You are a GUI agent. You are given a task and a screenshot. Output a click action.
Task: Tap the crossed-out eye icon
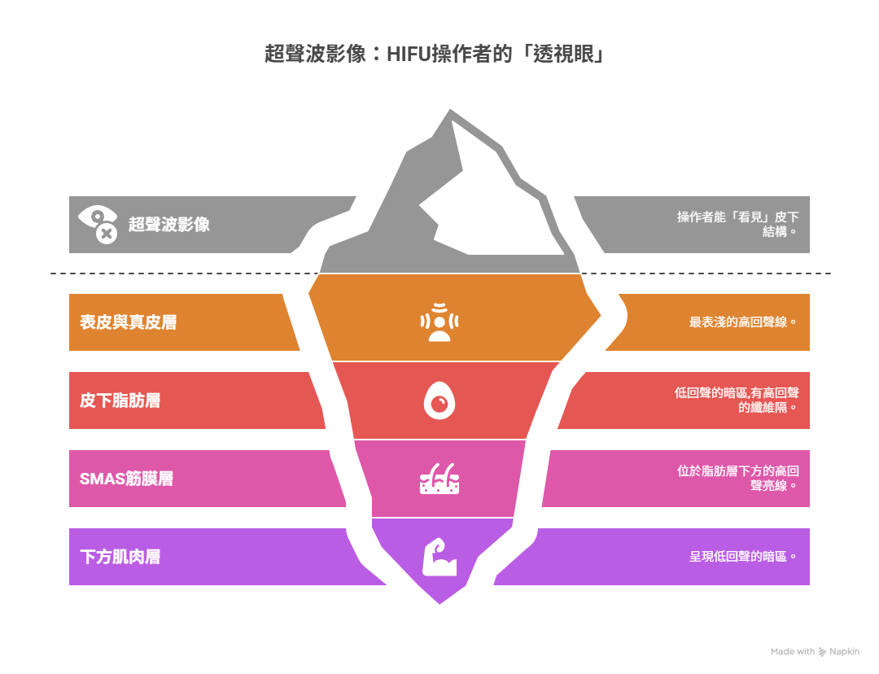(98, 224)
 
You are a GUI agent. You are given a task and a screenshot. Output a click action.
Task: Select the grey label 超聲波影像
(169, 225)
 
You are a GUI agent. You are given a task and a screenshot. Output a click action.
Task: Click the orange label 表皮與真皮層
(128, 322)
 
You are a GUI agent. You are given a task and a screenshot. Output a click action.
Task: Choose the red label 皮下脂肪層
(120, 400)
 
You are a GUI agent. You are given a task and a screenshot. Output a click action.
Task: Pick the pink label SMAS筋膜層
(126, 479)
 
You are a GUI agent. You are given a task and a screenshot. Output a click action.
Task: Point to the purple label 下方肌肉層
(120, 557)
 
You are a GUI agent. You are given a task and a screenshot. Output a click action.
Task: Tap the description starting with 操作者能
(737, 224)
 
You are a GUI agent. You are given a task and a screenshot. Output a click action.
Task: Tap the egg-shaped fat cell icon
(439, 401)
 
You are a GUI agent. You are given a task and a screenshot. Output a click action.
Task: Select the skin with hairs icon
(439, 479)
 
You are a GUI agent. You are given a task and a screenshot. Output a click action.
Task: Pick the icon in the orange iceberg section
(439, 322)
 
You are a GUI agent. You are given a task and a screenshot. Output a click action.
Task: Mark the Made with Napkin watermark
(815, 651)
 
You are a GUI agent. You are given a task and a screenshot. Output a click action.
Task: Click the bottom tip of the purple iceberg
(439, 601)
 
